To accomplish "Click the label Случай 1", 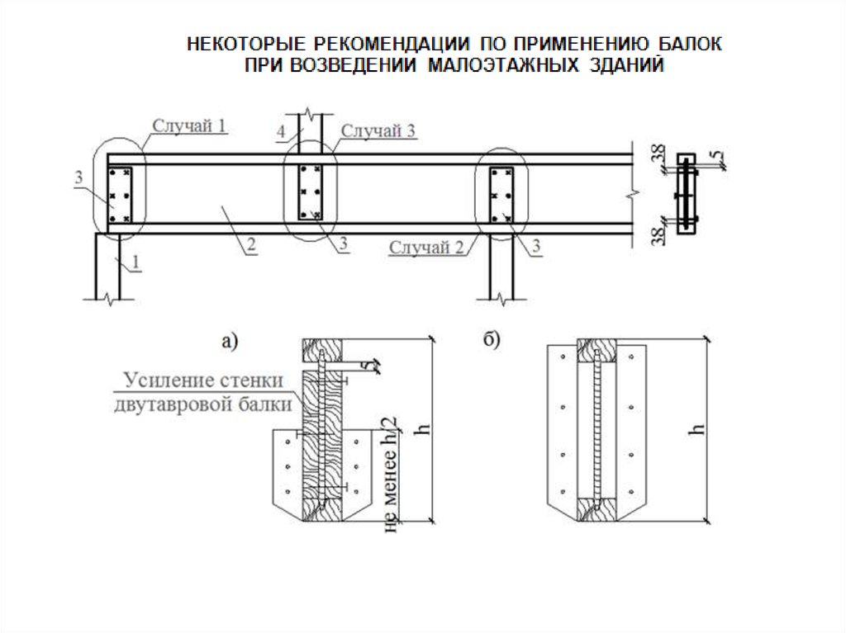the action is [189, 125].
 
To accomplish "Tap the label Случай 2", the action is [426, 247].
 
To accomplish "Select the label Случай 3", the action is [378, 130].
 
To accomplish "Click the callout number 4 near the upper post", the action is [281, 131].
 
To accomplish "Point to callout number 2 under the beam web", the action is [251, 245].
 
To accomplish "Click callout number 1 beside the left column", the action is [135, 262].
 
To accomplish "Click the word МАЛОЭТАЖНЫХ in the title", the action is [503, 65].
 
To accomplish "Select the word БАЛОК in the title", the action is [690, 43].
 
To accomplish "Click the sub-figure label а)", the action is [230, 341].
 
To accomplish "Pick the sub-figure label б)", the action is [492, 340].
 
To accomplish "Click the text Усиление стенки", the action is [203, 380].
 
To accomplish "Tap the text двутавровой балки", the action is [203, 404].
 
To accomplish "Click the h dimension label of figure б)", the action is [698, 429].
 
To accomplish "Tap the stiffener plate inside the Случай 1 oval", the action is [121, 195].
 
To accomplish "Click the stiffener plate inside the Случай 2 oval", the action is [501, 195].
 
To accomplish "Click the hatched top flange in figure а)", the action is [322, 350].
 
